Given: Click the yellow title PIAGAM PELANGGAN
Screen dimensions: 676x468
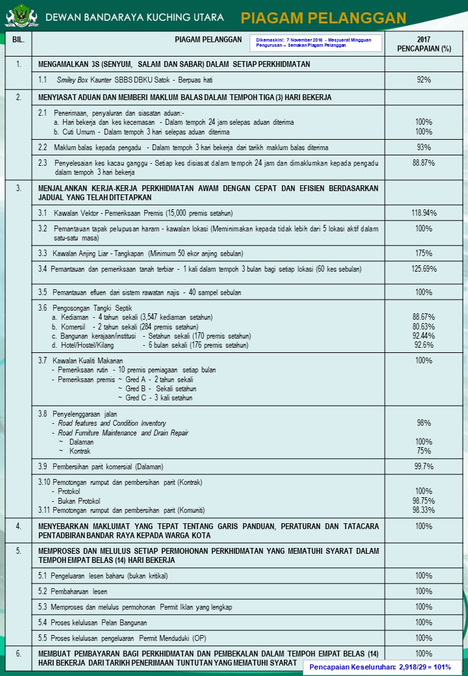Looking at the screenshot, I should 323,18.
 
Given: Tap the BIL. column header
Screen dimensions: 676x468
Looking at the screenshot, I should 18,40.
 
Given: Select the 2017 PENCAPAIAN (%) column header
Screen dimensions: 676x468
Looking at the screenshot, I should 424,44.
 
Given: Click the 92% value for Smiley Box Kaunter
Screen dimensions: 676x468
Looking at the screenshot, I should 424,80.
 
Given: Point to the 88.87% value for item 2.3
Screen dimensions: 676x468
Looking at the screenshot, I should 424,163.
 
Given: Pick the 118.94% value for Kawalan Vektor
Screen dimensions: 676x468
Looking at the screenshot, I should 424,213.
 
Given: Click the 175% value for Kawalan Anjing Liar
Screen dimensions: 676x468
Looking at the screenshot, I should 424,253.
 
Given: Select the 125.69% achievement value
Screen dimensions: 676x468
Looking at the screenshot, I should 424,269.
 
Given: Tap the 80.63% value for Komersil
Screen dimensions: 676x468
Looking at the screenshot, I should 424,326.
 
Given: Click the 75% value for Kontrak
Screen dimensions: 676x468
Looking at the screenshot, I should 424,451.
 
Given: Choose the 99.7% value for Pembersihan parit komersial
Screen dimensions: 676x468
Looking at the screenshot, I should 424,467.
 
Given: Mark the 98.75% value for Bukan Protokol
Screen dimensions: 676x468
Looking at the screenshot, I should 424,501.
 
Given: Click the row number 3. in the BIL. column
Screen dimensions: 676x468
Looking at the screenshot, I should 18,188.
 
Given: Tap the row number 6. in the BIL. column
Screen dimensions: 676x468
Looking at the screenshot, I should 18,653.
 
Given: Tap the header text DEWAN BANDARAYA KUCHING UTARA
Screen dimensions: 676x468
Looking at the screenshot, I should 135,17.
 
